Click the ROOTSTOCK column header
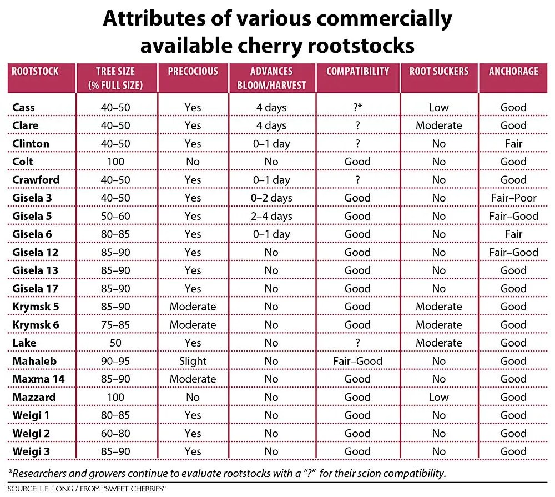[x=35, y=72]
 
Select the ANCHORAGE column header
[x=513, y=72]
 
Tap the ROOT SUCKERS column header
[x=439, y=72]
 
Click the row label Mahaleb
[x=34, y=361]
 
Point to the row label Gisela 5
[x=36, y=216]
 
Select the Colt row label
[x=23, y=162]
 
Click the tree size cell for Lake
[x=115, y=343]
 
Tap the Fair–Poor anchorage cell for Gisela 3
[x=513, y=198]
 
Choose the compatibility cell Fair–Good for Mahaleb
[x=357, y=361]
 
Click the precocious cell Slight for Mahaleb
[x=193, y=361]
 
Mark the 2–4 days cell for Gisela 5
[x=271, y=216]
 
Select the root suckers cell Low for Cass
[x=438, y=108]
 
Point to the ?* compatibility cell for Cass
[x=357, y=108]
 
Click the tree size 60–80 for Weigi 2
[x=115, y=433]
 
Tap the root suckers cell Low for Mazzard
[x=438, y=397]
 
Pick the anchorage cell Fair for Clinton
[x=513, y=144]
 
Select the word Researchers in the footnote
[x=41, y=474]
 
